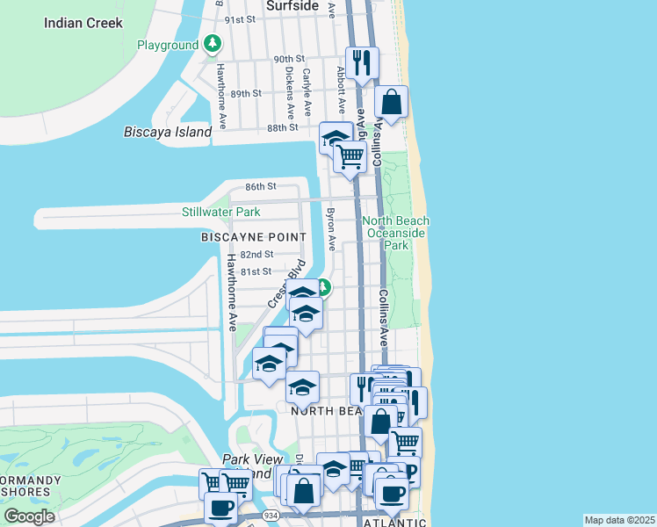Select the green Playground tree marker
212,43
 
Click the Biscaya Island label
168,132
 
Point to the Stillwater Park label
220,212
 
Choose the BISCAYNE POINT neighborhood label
254,237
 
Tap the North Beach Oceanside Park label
396,233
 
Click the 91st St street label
240,19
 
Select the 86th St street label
261,187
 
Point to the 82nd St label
257,254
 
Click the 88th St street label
258,128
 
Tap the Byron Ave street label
332,229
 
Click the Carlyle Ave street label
307,91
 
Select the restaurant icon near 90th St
362,63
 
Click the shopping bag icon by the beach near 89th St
392,102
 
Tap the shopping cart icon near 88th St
350,157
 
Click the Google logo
29,516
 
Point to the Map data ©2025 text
619,520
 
